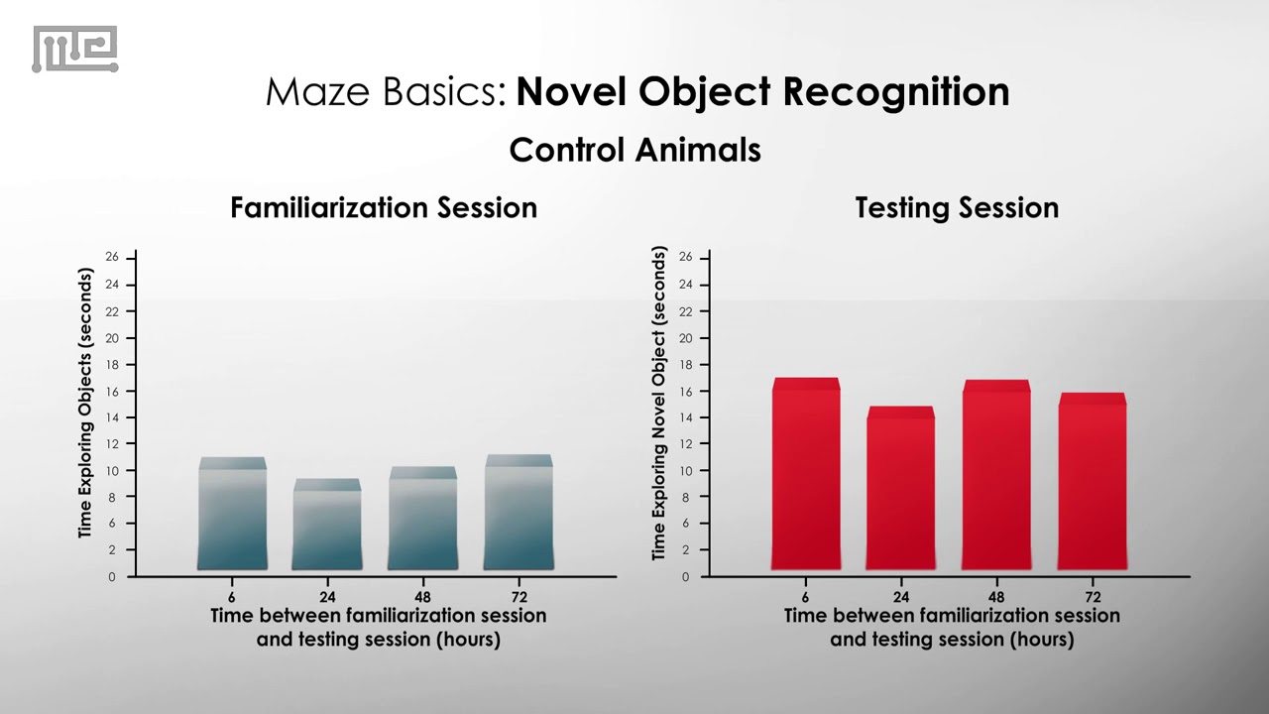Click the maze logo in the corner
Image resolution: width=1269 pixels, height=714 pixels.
click(75, 50)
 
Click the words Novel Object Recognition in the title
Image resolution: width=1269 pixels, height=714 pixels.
click(762, 91)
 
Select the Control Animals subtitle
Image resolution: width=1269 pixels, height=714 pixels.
click(634, 150)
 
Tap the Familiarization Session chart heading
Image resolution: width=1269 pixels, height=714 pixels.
click(384, 207)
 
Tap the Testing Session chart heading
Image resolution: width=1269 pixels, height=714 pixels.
click(957, 207)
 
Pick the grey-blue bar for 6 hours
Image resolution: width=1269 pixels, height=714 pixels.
click(232, 516)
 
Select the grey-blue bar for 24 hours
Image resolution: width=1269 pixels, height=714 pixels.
click(327, 527)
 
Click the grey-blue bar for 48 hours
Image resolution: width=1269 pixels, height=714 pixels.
click(422, 521)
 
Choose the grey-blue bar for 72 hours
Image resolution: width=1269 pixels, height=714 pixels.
click(519, 515)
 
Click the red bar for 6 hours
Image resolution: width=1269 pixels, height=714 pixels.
click(806, 476)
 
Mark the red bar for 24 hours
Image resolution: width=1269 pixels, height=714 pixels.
click(900, 490)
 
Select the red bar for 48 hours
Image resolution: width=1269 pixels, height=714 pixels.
click(996, 477)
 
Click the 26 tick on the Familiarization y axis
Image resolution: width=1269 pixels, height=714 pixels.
click(112, 258)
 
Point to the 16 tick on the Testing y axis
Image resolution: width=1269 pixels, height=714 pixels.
click(685, 392)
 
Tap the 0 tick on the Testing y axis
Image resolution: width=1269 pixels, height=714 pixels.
click(685, 577)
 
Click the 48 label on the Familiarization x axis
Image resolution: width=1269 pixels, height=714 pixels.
click(422, 597)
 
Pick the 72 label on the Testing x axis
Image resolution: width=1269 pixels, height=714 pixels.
click(1092, 597)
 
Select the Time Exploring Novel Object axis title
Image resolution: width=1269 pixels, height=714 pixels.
click(659, 405)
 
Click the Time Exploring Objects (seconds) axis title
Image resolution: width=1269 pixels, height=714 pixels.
click(85, 405)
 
